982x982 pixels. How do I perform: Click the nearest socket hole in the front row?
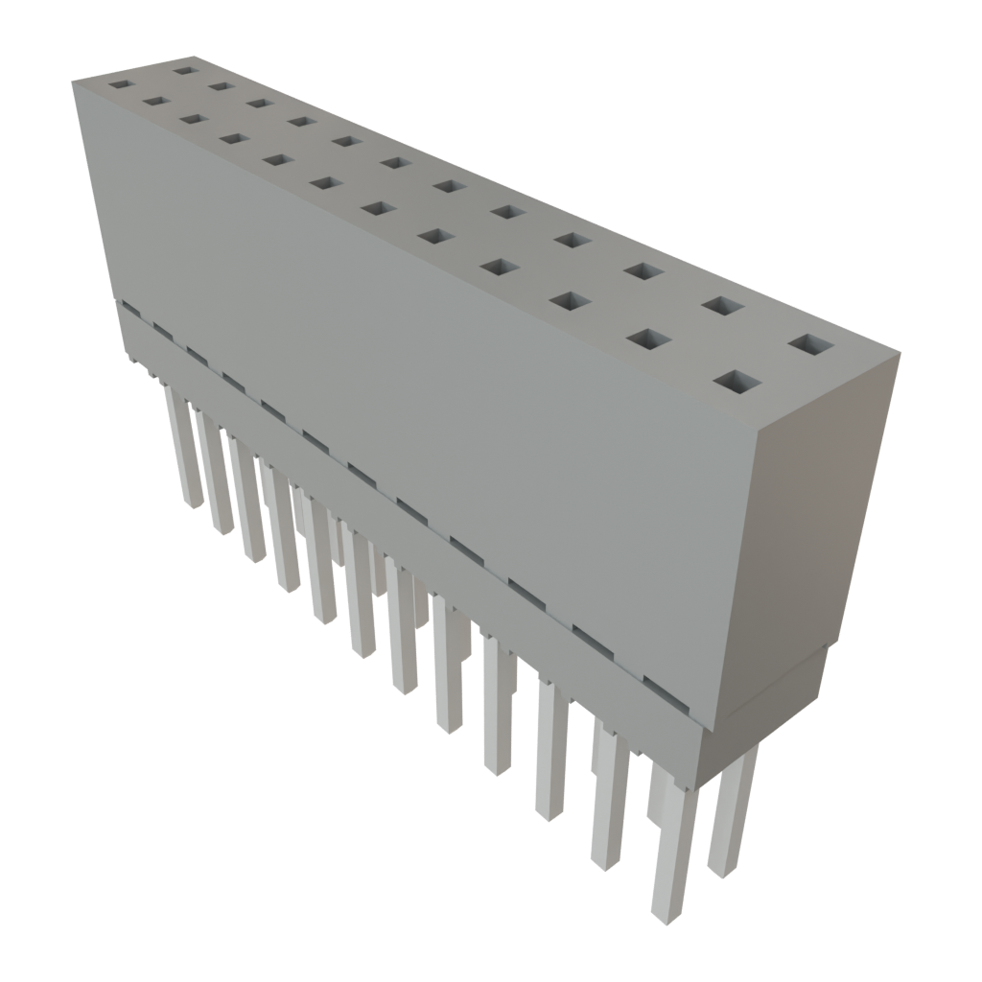click(x=736, y=384)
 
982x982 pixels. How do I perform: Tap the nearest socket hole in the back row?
click(x=811, y=344)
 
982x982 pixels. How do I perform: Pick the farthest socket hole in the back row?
click(x=184, y=69)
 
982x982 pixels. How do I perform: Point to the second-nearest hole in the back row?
click(x=724, y=306)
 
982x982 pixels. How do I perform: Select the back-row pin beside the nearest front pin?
click(x=731, y=815)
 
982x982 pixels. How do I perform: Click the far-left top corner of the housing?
click(x=73, y=84)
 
